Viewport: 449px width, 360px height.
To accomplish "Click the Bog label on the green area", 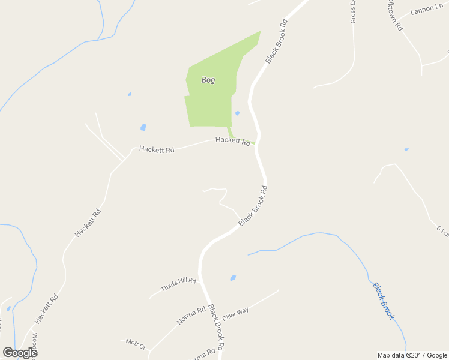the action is [x=208, y=80].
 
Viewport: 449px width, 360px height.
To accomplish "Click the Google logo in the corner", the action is [x=19, y=353].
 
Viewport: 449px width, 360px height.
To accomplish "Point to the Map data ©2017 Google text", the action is [x=412, y=355].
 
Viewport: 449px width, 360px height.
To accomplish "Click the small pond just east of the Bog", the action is [x=237, y=113].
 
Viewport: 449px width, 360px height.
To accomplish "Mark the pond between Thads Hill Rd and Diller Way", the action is [x=232, y=278].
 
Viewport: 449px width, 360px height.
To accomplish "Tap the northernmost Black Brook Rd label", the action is [x=277, y=41].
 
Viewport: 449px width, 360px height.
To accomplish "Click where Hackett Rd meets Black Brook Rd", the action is [x=257, y=143].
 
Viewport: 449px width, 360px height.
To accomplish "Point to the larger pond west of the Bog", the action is [x=143, y=127].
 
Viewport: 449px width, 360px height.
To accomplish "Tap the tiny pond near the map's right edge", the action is [x=406, y=149].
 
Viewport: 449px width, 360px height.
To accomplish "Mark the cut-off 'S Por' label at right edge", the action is [x=443, y=230].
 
